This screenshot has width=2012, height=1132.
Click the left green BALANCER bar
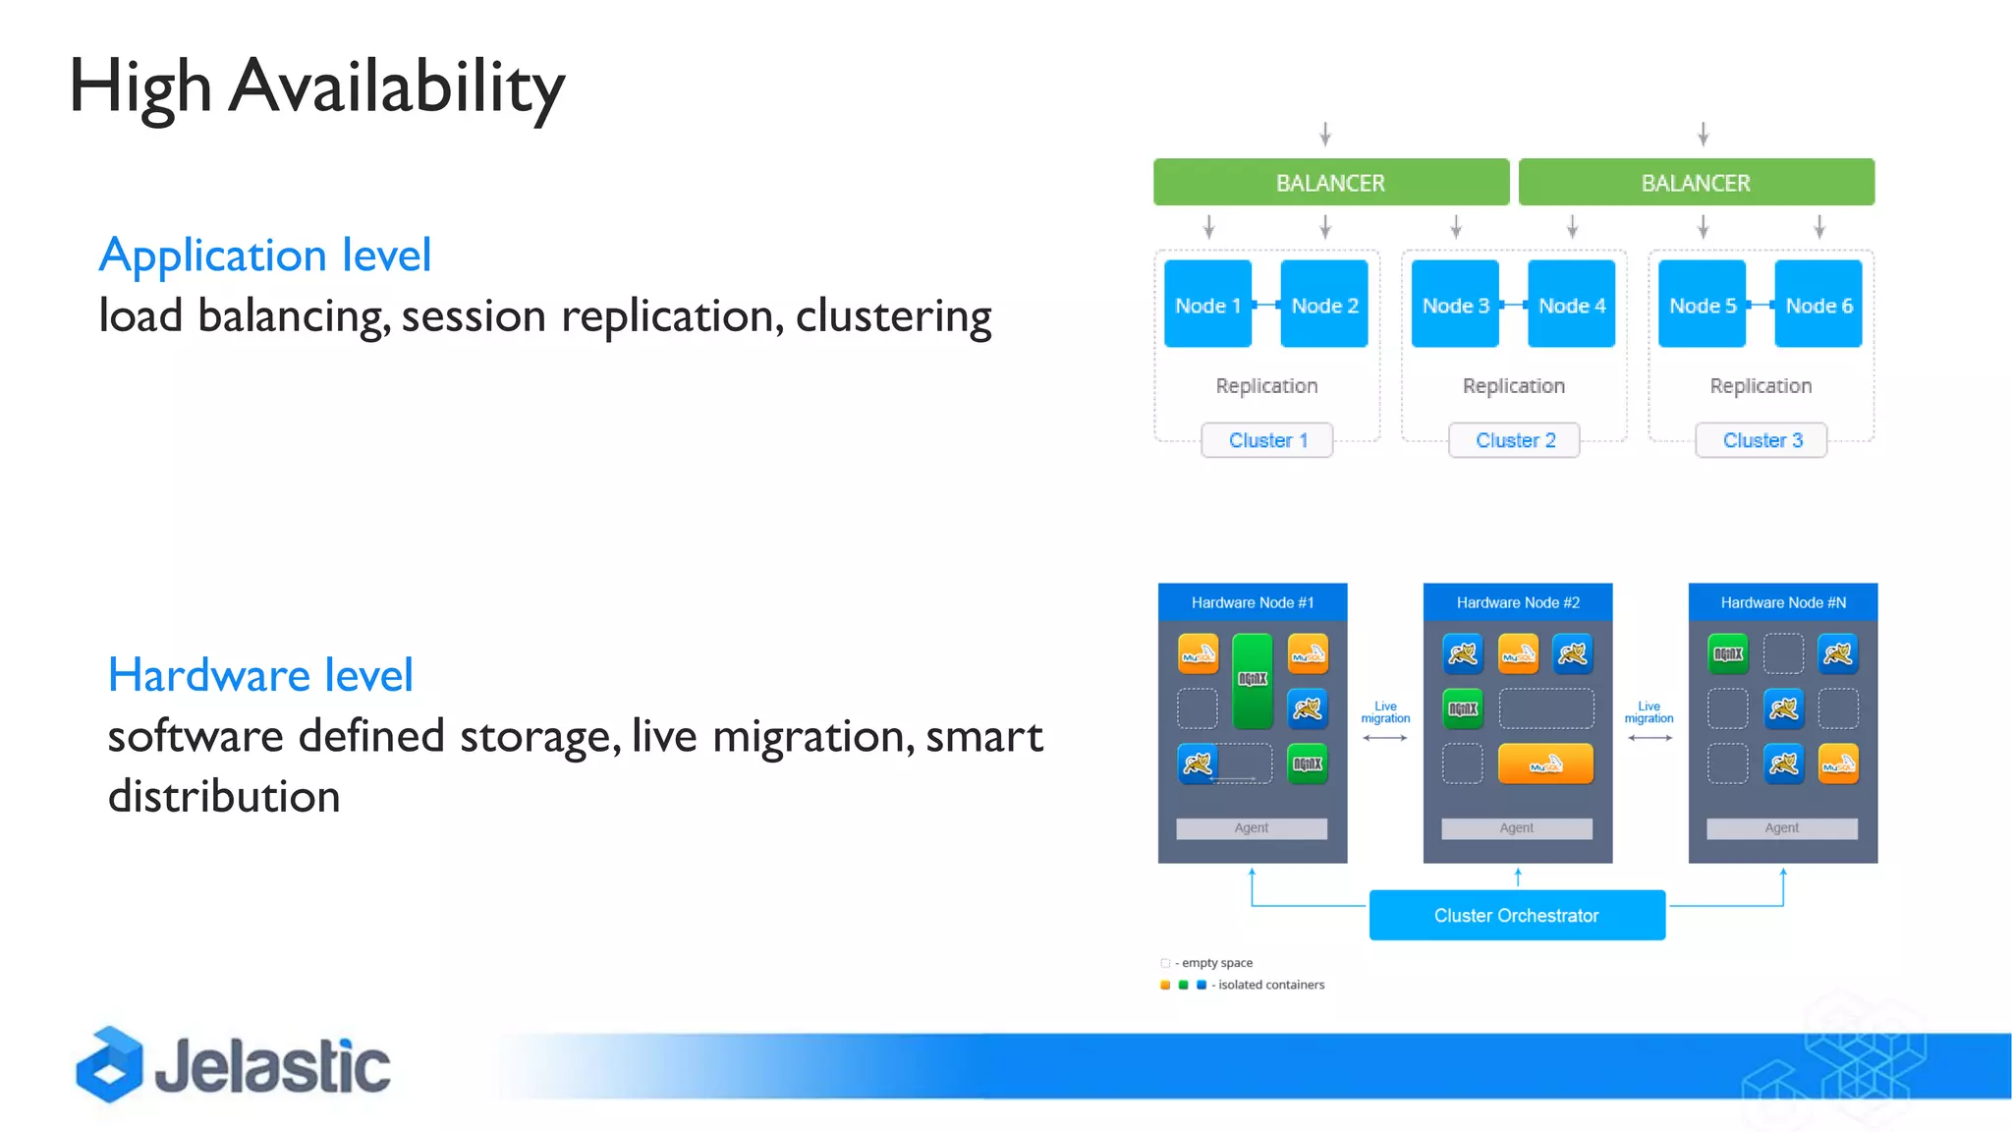tap(1330, 183)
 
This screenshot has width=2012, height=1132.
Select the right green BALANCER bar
tap(1696, 183)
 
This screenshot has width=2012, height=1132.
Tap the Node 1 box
tap(1207, 305)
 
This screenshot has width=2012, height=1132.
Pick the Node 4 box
tap(1571, 305)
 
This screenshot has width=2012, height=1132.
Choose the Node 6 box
tap(1818, 305)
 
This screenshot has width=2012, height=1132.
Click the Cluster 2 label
tap(1514, 440)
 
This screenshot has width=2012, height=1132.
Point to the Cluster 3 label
tap(1761, 440)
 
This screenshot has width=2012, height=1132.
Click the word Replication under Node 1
tap(1266, 386)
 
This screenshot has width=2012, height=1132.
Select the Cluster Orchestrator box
tap(1516, 915)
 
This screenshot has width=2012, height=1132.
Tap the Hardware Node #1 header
tap(1252, 602)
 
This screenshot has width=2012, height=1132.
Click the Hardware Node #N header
tap(1782, 602)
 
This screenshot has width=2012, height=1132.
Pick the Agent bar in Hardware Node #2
tap(1516, 828)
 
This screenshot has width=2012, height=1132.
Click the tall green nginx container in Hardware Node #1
tap(1253, 680)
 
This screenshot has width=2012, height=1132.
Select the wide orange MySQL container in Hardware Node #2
tap(1545, 764)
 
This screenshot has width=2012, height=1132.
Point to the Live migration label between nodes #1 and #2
tap(1385, 712)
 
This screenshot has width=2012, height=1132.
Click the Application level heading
tap(265, 255)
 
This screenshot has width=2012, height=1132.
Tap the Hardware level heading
tap(260, 675)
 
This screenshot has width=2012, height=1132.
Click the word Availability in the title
tap(397, 86)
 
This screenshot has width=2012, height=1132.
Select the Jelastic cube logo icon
tap(108, 1065)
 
